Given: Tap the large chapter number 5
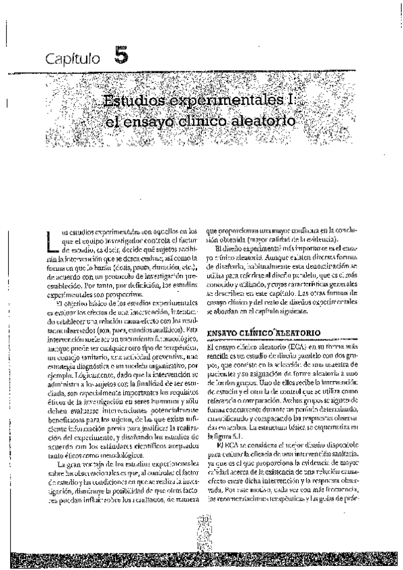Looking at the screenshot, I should pos(121,54).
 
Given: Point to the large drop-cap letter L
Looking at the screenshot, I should pos(46,239).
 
